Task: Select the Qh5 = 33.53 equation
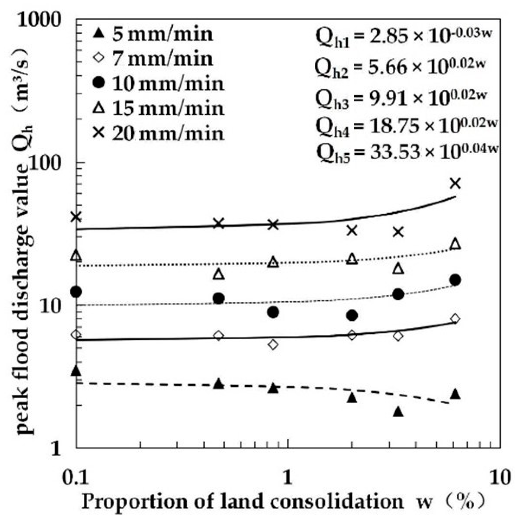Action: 407,151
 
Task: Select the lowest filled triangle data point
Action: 398,412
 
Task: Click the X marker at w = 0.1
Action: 76,217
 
